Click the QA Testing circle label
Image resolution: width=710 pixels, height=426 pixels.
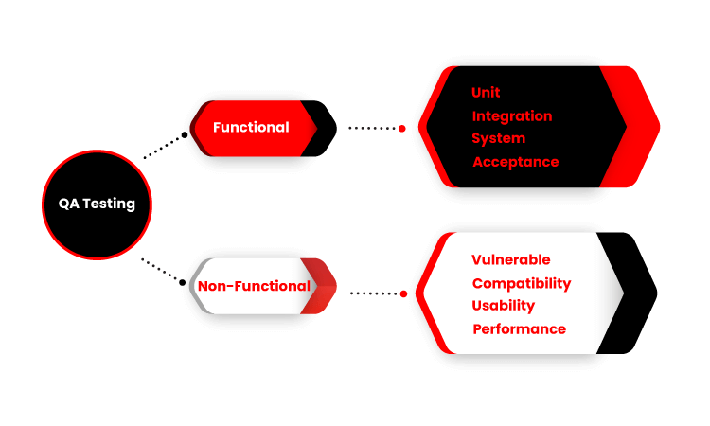[97, 204]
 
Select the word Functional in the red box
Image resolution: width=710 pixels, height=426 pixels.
[251, 127]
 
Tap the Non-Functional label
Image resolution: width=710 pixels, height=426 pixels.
[254, 286]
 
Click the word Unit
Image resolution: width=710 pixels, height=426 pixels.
[486, 93]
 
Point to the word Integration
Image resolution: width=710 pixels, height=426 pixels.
[512, 116]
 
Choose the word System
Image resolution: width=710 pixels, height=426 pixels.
[499, 138]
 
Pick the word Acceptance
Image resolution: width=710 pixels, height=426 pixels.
[516, 162]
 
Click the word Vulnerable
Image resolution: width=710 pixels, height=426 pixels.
[511, 259]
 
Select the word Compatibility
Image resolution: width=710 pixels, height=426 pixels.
[522, 284]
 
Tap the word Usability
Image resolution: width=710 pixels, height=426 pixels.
[503, 306]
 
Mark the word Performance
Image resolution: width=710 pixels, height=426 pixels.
[520, 329]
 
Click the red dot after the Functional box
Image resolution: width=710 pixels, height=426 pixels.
[402, 129]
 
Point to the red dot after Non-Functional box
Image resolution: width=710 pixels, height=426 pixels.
[404, 293]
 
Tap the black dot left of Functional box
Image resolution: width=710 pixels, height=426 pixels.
[185, 135]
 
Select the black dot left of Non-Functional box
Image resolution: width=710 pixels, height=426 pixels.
[182, 282]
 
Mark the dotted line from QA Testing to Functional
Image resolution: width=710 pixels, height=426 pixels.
[164, 146]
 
